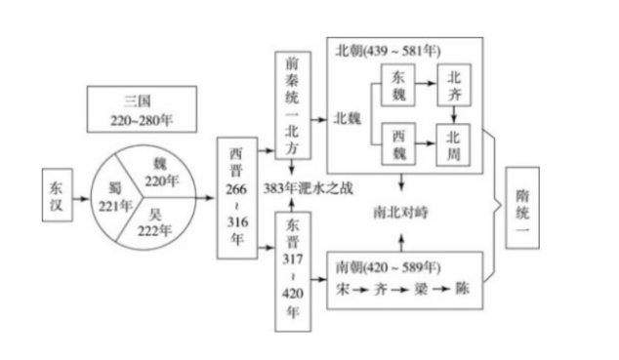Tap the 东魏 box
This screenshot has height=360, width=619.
(397, 84)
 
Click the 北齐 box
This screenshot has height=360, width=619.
(453, 84)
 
